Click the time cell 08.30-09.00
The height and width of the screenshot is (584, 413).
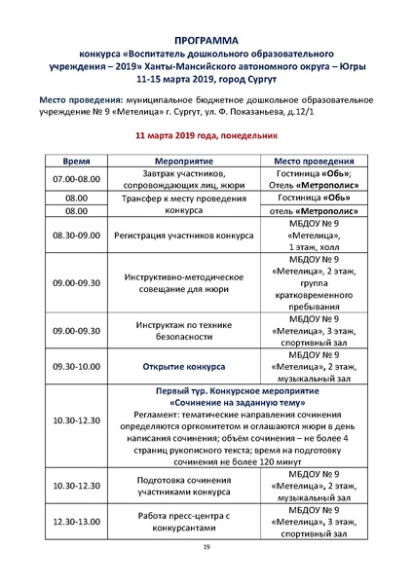(77, 236)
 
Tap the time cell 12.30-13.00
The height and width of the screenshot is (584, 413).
(77, 522)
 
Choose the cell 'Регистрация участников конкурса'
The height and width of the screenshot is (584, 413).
(183, 236)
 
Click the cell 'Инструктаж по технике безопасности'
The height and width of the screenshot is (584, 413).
(183, 330)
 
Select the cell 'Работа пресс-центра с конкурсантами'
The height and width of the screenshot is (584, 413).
(183, 522)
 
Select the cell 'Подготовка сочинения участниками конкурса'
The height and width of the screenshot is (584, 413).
(183, 485)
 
